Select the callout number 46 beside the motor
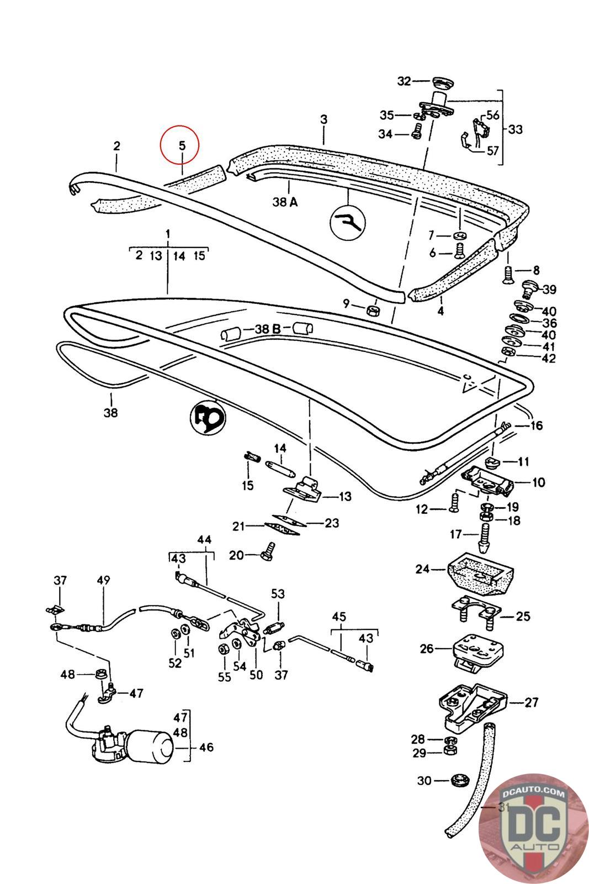206,748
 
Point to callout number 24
422,568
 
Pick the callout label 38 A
285,202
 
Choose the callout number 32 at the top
404,81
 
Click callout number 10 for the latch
538,482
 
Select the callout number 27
531,702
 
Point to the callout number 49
103,580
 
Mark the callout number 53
278,594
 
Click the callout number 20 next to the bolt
236,554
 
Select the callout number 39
549,290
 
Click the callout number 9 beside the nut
346,303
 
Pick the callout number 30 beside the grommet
424,781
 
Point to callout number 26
427,648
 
